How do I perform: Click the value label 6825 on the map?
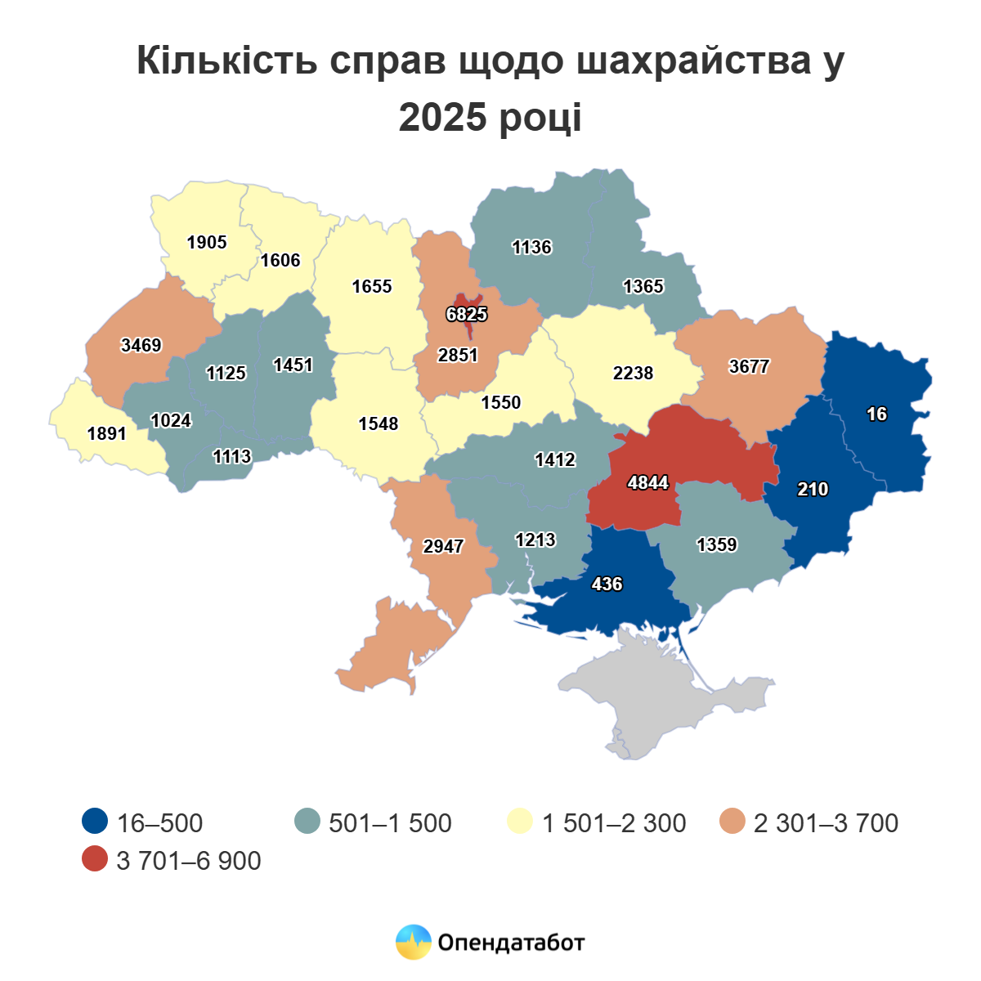pos(467,314)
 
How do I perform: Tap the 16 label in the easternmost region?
pos(876,414)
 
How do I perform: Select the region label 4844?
pos(647,483)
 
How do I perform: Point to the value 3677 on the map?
pos(749,366)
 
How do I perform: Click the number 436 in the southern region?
pos(607,584)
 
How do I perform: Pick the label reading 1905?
pos(207,243)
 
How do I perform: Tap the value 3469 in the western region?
pos(141,345)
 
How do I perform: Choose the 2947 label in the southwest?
pos(443,546)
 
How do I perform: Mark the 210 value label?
pos(813,490)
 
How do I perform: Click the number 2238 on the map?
pos(633,373)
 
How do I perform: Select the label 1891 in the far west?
pos(107,433)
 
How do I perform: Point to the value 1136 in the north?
pos(531,247)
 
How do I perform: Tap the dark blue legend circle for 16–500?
pos(96,822)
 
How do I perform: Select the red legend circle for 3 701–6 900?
pos(96,859)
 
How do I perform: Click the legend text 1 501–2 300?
pos(614,822)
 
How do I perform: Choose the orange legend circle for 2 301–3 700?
pos(732,822)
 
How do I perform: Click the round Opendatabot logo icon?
pos(413,943)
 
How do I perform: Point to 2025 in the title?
pos(442,117)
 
